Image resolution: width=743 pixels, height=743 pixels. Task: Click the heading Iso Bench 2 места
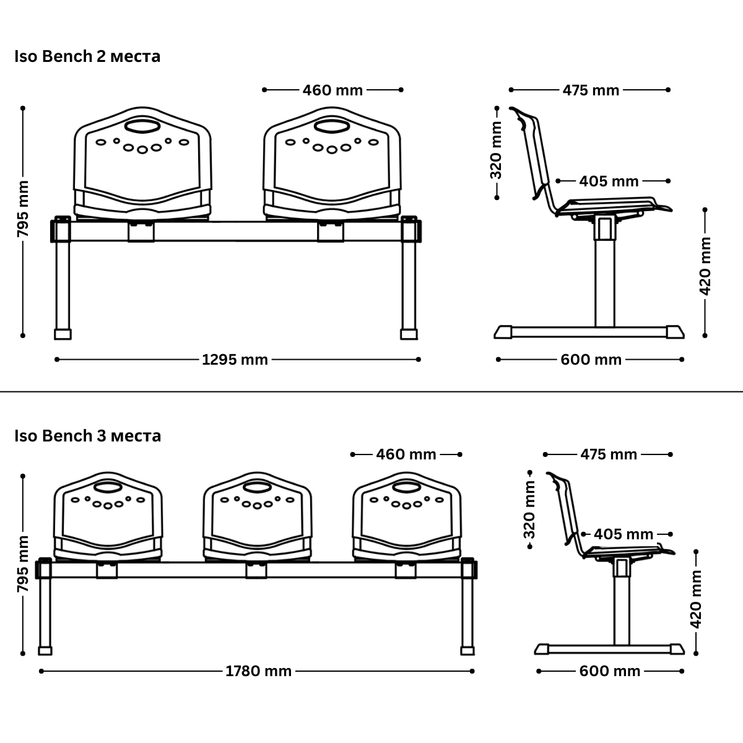tap(87, 56)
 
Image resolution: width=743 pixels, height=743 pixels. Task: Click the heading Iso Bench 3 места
tap(87, 436)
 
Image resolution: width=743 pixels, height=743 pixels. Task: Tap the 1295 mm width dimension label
tap(235, 360)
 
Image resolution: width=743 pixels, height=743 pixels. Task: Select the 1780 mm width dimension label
tap(258, 671)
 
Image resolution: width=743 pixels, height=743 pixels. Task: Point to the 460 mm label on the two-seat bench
tap(332, 90)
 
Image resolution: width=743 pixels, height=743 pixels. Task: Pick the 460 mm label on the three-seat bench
tap(406, 454)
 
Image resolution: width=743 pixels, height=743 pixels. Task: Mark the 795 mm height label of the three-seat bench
tap(23, 564)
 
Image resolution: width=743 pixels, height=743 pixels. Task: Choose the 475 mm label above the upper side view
tap(591, 90)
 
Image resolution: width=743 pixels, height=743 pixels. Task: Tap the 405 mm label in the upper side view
tap(609, 181)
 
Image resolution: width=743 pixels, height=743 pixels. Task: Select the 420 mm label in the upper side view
tap(705, 273)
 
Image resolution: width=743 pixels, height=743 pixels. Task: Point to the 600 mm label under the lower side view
tap(610, 671)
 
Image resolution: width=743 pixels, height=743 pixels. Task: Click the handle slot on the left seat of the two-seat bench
tap(142, 128)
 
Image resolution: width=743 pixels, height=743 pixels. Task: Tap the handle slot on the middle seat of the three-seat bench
tap(256, 487)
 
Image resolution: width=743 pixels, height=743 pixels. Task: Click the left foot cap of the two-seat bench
tap(63, 334)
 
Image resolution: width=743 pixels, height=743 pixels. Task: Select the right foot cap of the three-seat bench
tap(467, 651)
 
